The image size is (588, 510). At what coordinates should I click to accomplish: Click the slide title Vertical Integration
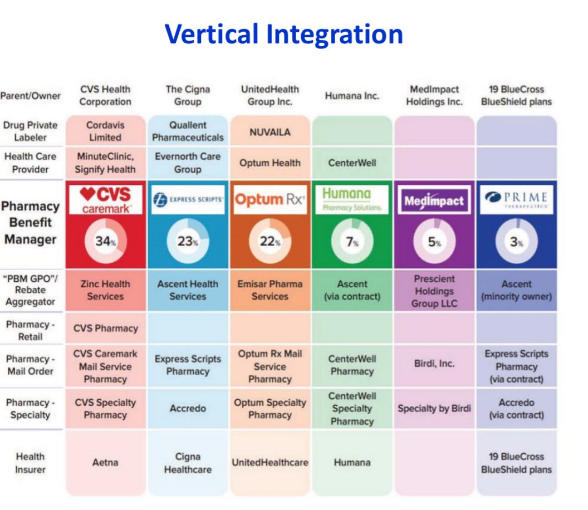click(283, 34)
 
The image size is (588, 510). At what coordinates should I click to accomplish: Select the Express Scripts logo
click(188, 199)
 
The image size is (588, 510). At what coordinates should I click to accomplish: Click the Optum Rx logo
click(270, 200)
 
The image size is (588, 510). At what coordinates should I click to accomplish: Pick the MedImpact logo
click(434, 201)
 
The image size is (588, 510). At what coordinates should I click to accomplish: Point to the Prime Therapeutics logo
click(516, 200)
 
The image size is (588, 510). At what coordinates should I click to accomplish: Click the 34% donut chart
click(105, 242)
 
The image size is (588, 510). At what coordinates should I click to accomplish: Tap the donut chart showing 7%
click(352, 242)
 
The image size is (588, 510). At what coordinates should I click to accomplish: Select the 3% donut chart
click(516, 242)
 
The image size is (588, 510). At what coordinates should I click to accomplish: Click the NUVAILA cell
click(270, 132)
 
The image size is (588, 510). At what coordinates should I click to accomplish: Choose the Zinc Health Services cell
click(105, 290)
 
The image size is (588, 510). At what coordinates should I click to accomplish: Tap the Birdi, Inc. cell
click(434, 363)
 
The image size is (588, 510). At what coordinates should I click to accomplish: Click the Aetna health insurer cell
click(105, 462)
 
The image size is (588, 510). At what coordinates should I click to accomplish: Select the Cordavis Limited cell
click(105, 131)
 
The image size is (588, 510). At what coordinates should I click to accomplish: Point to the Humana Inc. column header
click(352, 96)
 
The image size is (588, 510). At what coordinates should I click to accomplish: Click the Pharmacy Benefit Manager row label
click(30, 223)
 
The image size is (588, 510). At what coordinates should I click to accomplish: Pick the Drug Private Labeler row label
click(30, 131)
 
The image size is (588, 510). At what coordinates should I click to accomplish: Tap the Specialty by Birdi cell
click(434, 409)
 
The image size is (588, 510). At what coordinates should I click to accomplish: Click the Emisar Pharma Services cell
click(270, 290)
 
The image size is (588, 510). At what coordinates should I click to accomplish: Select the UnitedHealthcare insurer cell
click(270, 462)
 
